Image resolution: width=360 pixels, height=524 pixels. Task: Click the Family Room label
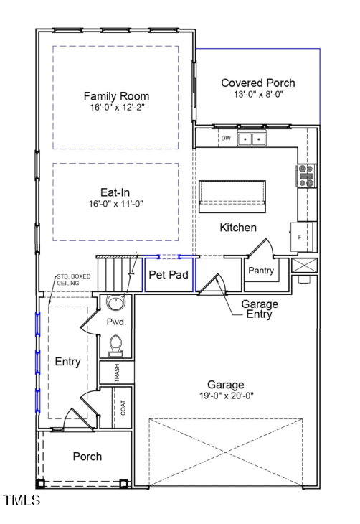point(116,96)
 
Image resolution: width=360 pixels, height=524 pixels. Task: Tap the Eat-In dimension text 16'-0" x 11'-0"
point(115,204)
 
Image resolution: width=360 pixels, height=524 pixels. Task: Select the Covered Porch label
point(257,83)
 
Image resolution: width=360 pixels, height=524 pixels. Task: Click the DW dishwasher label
point(225,139)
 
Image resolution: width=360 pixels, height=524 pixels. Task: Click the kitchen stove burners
point(306,176)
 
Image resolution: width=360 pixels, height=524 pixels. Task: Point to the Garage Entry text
point(260,309)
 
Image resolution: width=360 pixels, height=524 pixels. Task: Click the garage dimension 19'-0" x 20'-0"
point(226,396)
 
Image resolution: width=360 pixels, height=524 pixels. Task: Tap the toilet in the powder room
point(115,347)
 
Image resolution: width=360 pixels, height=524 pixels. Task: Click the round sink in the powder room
point(115,302)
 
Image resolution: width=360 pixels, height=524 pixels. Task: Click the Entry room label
point(67,362)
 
